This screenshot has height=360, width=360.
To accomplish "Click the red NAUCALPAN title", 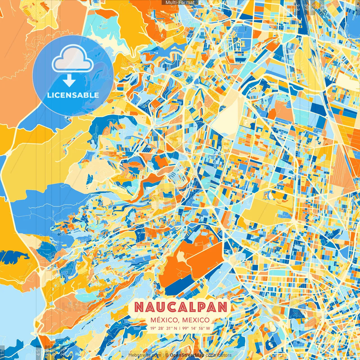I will coord(181,307).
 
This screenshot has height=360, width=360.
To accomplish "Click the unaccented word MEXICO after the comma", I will coord(196,320).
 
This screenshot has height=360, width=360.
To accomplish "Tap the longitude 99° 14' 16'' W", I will coord(196,328).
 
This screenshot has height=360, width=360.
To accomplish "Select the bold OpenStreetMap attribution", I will coord(187,355).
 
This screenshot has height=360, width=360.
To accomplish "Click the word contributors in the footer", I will coord(219,355).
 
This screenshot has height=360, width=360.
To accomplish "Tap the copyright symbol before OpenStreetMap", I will coord(167,355).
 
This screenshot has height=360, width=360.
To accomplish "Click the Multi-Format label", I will coord(180,3).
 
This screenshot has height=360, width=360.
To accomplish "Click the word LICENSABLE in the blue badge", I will coord(73,95).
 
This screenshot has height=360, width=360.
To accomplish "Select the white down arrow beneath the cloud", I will coord(69,81).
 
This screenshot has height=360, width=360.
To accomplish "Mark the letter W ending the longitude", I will coord(208,328).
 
